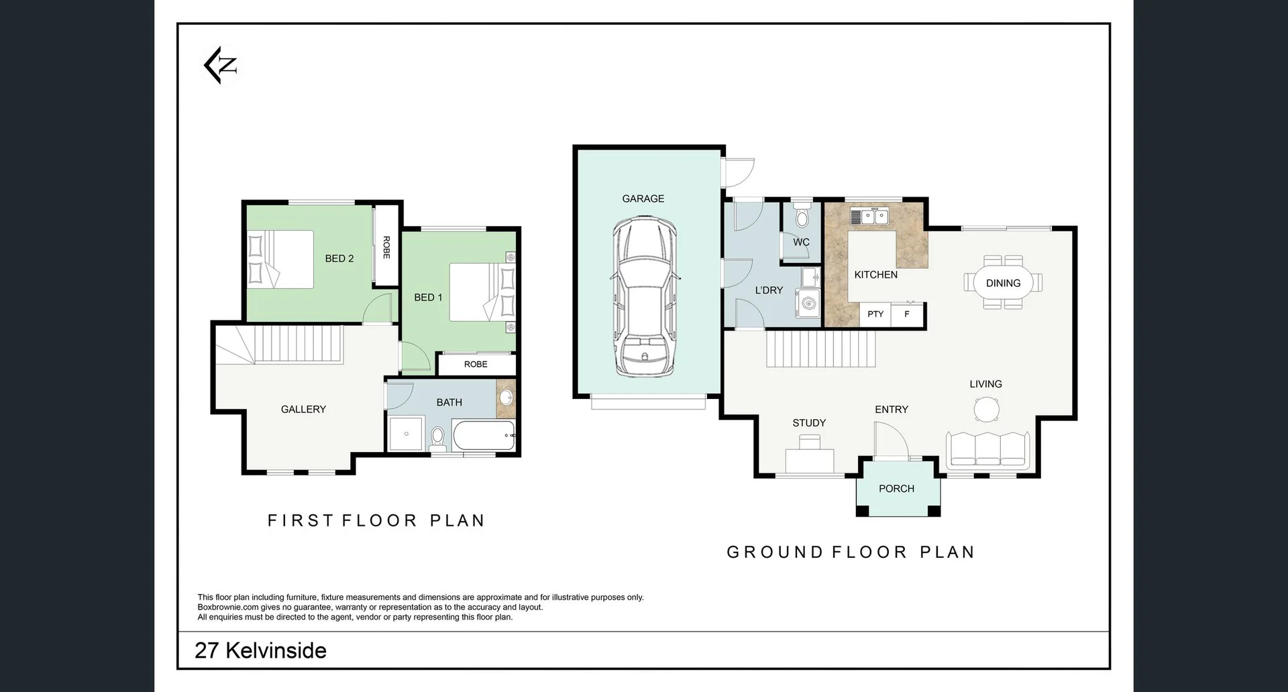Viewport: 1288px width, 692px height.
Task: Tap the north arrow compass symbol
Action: coord(221,65)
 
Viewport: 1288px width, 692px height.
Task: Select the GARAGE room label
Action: coord(643,198)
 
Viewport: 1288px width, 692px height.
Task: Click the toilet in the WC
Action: coord(801,216)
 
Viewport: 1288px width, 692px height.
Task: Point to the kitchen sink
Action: coord(869,216)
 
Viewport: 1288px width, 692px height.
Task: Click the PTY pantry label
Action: coord(875,314)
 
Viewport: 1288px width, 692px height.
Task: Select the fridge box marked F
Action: coord(908,314)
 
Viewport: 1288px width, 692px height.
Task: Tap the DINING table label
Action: coord(1003,283)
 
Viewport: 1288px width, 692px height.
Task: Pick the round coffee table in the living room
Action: coord(987,408)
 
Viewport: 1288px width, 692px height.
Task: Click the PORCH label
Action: coord(896,489)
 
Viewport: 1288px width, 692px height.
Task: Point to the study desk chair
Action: coord(810,441)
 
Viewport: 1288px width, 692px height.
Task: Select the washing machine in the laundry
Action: coord(808,303)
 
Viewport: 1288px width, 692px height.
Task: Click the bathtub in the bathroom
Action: coord(484,436)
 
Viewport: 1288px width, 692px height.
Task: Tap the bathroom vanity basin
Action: coord(506,397)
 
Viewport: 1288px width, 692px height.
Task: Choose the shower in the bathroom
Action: coord(407,434)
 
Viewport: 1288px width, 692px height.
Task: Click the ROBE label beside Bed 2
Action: coord(386,247)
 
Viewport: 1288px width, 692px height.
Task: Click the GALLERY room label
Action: coord(303,409)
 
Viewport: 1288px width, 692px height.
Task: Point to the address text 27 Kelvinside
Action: coord(260,650)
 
